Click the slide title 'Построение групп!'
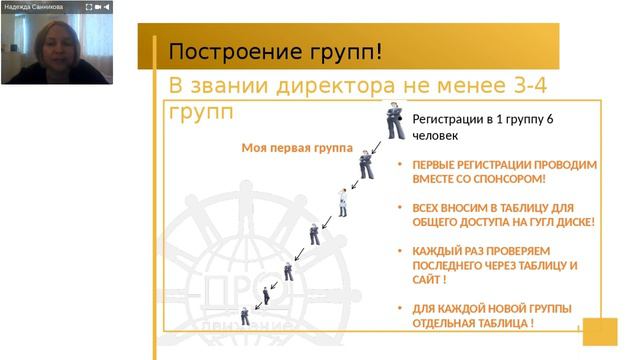[x=275, y=51]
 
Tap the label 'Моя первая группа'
[x=297, y=148]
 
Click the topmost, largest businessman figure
[x=396, y=121]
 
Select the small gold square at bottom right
[x=600, y=331]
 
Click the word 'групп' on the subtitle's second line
[x=201, y=108]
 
